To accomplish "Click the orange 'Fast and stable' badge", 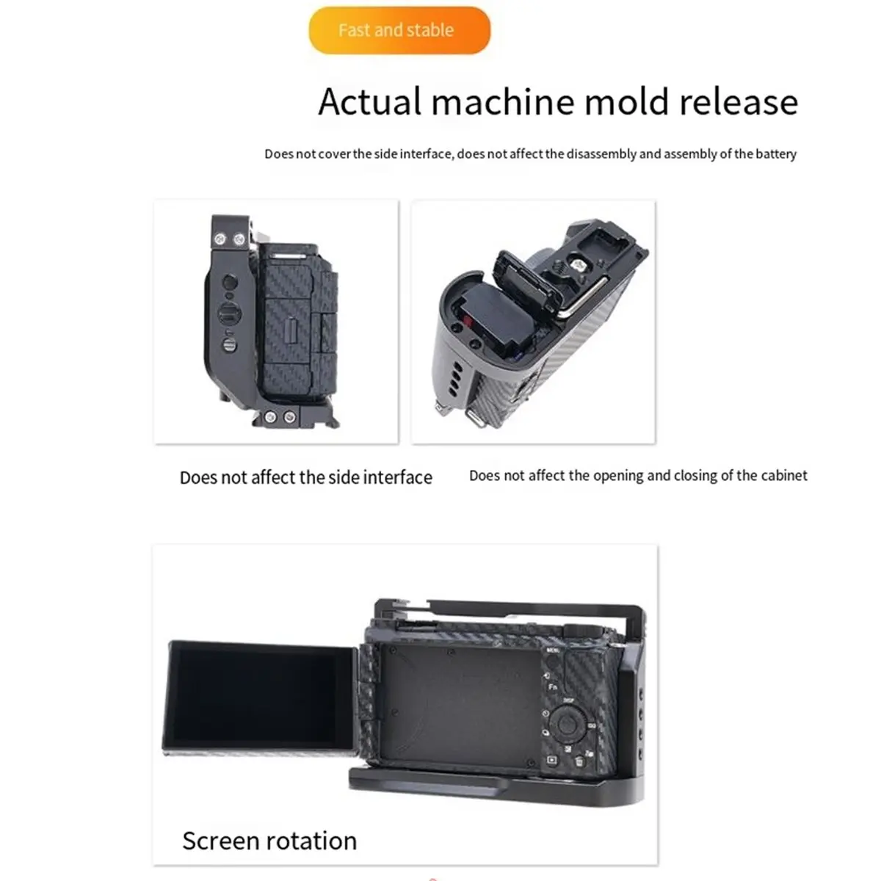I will [399, 30].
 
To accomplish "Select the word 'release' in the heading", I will [738, 101].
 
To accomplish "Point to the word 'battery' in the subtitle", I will [776, 154].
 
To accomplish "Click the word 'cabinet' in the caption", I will [783, 476].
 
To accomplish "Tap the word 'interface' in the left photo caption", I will [397, 478].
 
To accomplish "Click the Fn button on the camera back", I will [553, 688].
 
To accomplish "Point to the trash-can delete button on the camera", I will [579, 761].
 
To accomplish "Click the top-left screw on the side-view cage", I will [221, 239].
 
